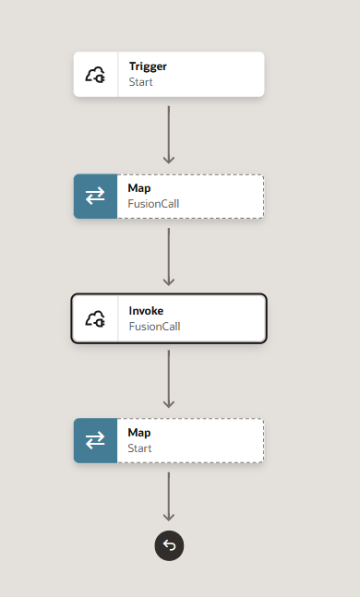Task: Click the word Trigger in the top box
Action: pos(148,67)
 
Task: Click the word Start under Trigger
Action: pos(140,82)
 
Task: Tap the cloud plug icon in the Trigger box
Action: pos(95,75)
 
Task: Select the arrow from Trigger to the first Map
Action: pos(169,135)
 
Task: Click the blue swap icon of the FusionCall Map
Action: pos(95,197)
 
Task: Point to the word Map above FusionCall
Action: pos(139,188)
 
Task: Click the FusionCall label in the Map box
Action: pos(153,204)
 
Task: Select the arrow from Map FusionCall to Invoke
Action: pos(169,257)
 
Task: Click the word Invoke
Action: pos(146,311)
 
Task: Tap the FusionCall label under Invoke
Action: pos(155,327)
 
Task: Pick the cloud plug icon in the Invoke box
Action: pos(95,318)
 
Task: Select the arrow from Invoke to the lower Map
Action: pos(169,379)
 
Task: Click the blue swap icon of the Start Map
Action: pos(95,440)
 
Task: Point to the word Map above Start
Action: pos(139,433)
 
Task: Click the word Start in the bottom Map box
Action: pos(139,448)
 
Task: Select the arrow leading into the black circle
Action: pos(169,496)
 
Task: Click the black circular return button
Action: pos(169,545)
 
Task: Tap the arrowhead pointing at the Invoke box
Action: pos(169,281)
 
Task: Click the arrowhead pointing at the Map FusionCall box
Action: pos(169,160)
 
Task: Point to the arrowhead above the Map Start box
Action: pos(169,404)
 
